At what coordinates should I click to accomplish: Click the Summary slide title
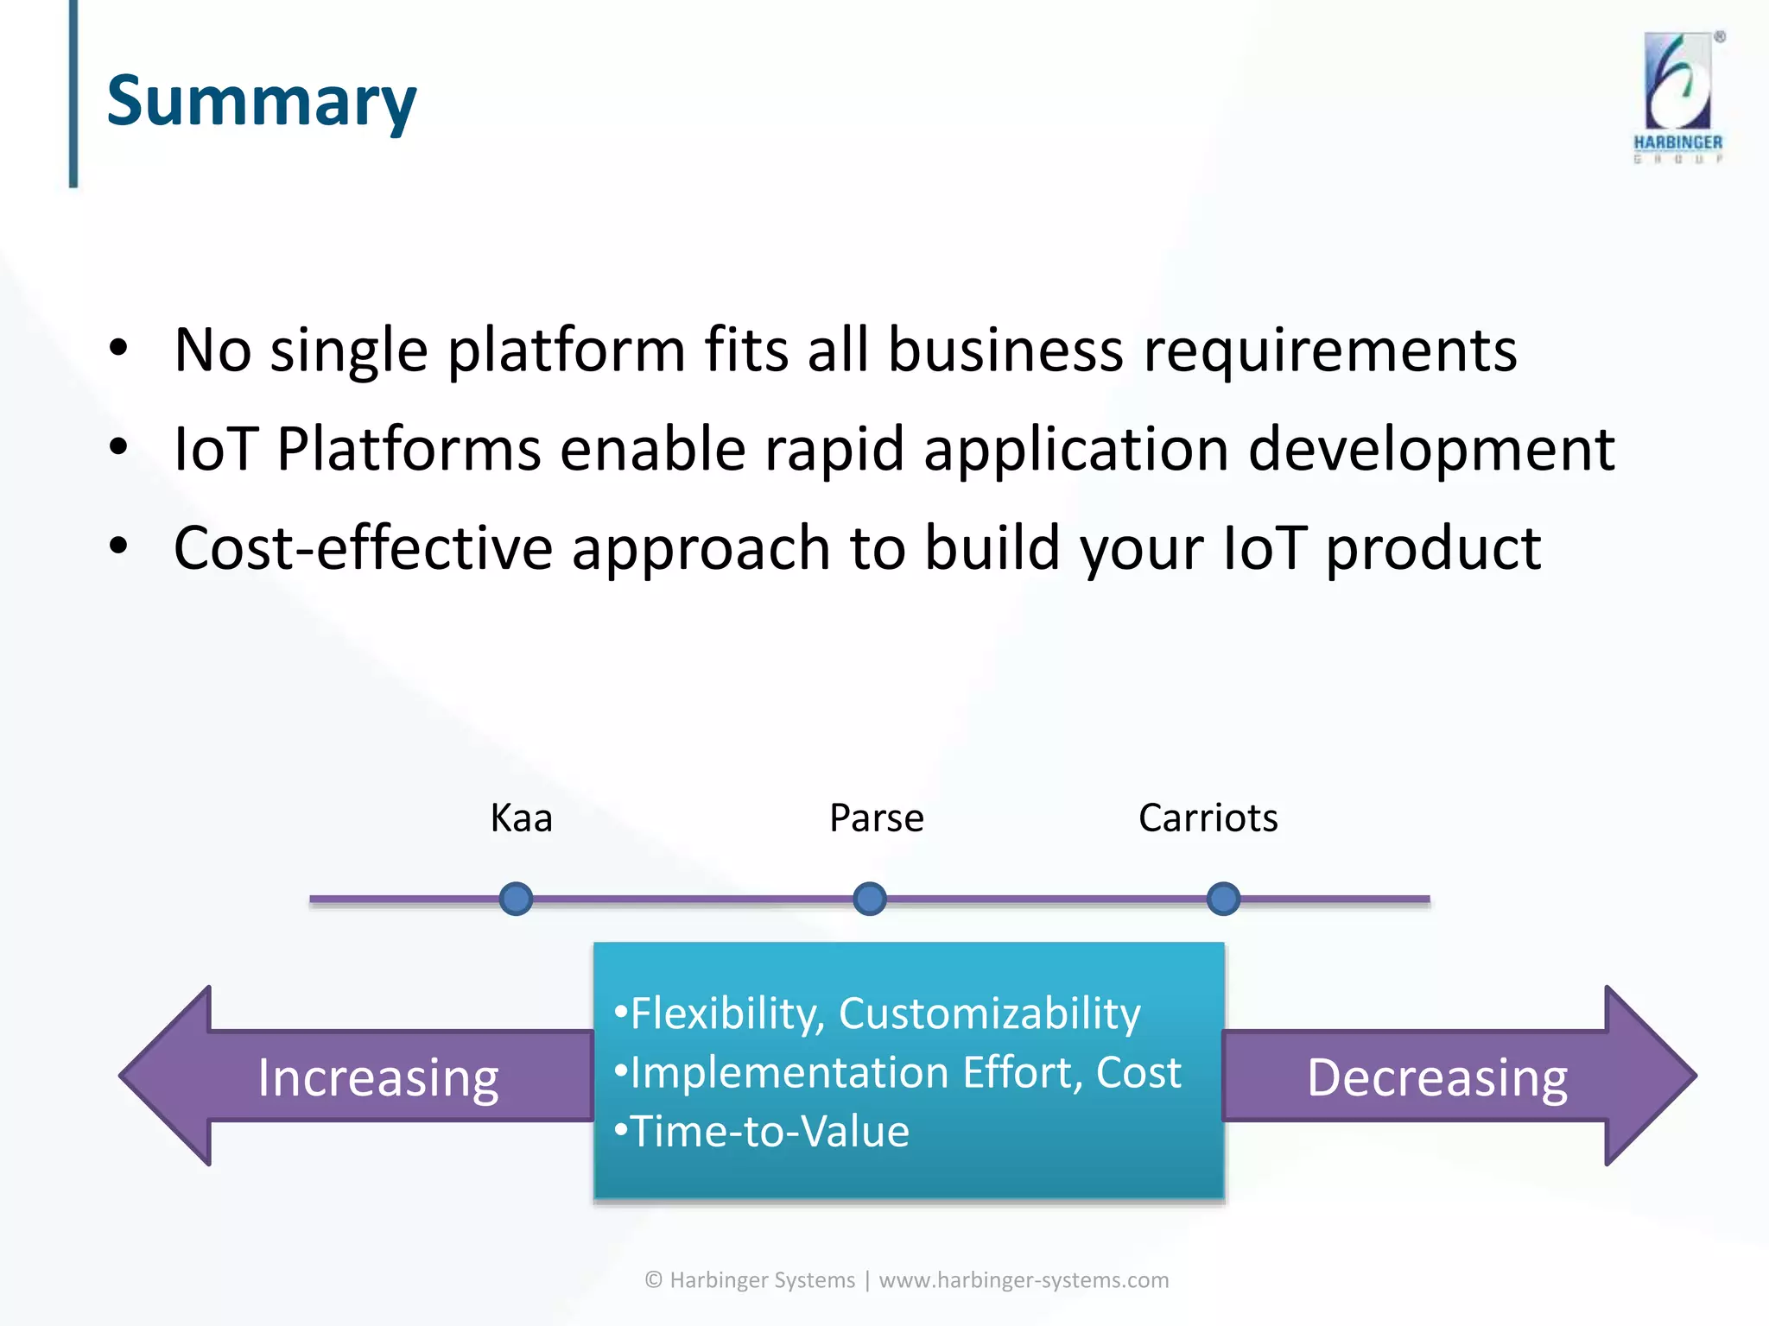[261, 102]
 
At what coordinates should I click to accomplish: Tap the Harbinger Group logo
[1677, 97]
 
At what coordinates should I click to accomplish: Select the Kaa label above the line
[521, 818]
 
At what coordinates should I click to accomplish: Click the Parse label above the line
[876, 818]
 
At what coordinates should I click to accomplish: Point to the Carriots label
[1208, 818]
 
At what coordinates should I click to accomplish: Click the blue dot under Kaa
[516, 899]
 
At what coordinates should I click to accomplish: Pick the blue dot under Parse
[869, 899]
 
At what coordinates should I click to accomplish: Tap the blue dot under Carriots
[1223, 899]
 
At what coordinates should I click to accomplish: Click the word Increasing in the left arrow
[378, 1078]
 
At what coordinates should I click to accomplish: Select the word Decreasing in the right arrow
[1436, 1078]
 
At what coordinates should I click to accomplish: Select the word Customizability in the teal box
[989, 1013]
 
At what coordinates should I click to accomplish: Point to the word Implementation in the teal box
[789, 1073]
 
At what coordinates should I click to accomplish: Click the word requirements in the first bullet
[1330, 350]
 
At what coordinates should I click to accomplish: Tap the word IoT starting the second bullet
[215, 449]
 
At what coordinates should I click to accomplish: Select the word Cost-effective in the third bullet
[363, 548]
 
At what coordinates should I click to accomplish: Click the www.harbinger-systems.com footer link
[1024, 1279]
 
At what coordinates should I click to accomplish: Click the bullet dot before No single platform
[118, 349]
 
